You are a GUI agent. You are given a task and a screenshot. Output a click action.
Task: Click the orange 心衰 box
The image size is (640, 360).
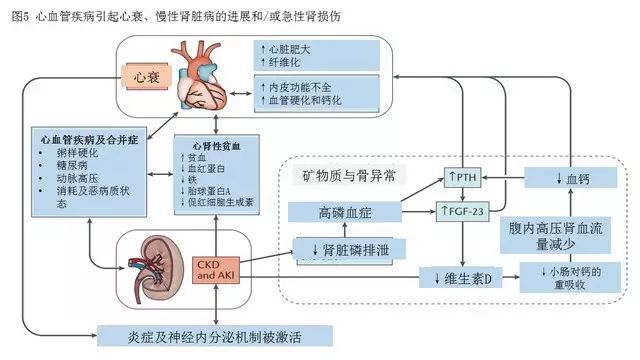140,76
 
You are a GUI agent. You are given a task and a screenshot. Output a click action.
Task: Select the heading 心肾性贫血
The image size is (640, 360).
205,147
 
